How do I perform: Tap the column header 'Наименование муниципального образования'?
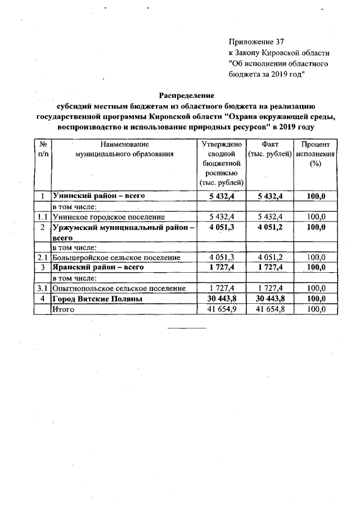[124, 148]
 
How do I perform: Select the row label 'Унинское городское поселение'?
[101, 217]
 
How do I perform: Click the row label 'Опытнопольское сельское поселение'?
[119, 288]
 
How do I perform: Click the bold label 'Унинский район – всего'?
[99, 196]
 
